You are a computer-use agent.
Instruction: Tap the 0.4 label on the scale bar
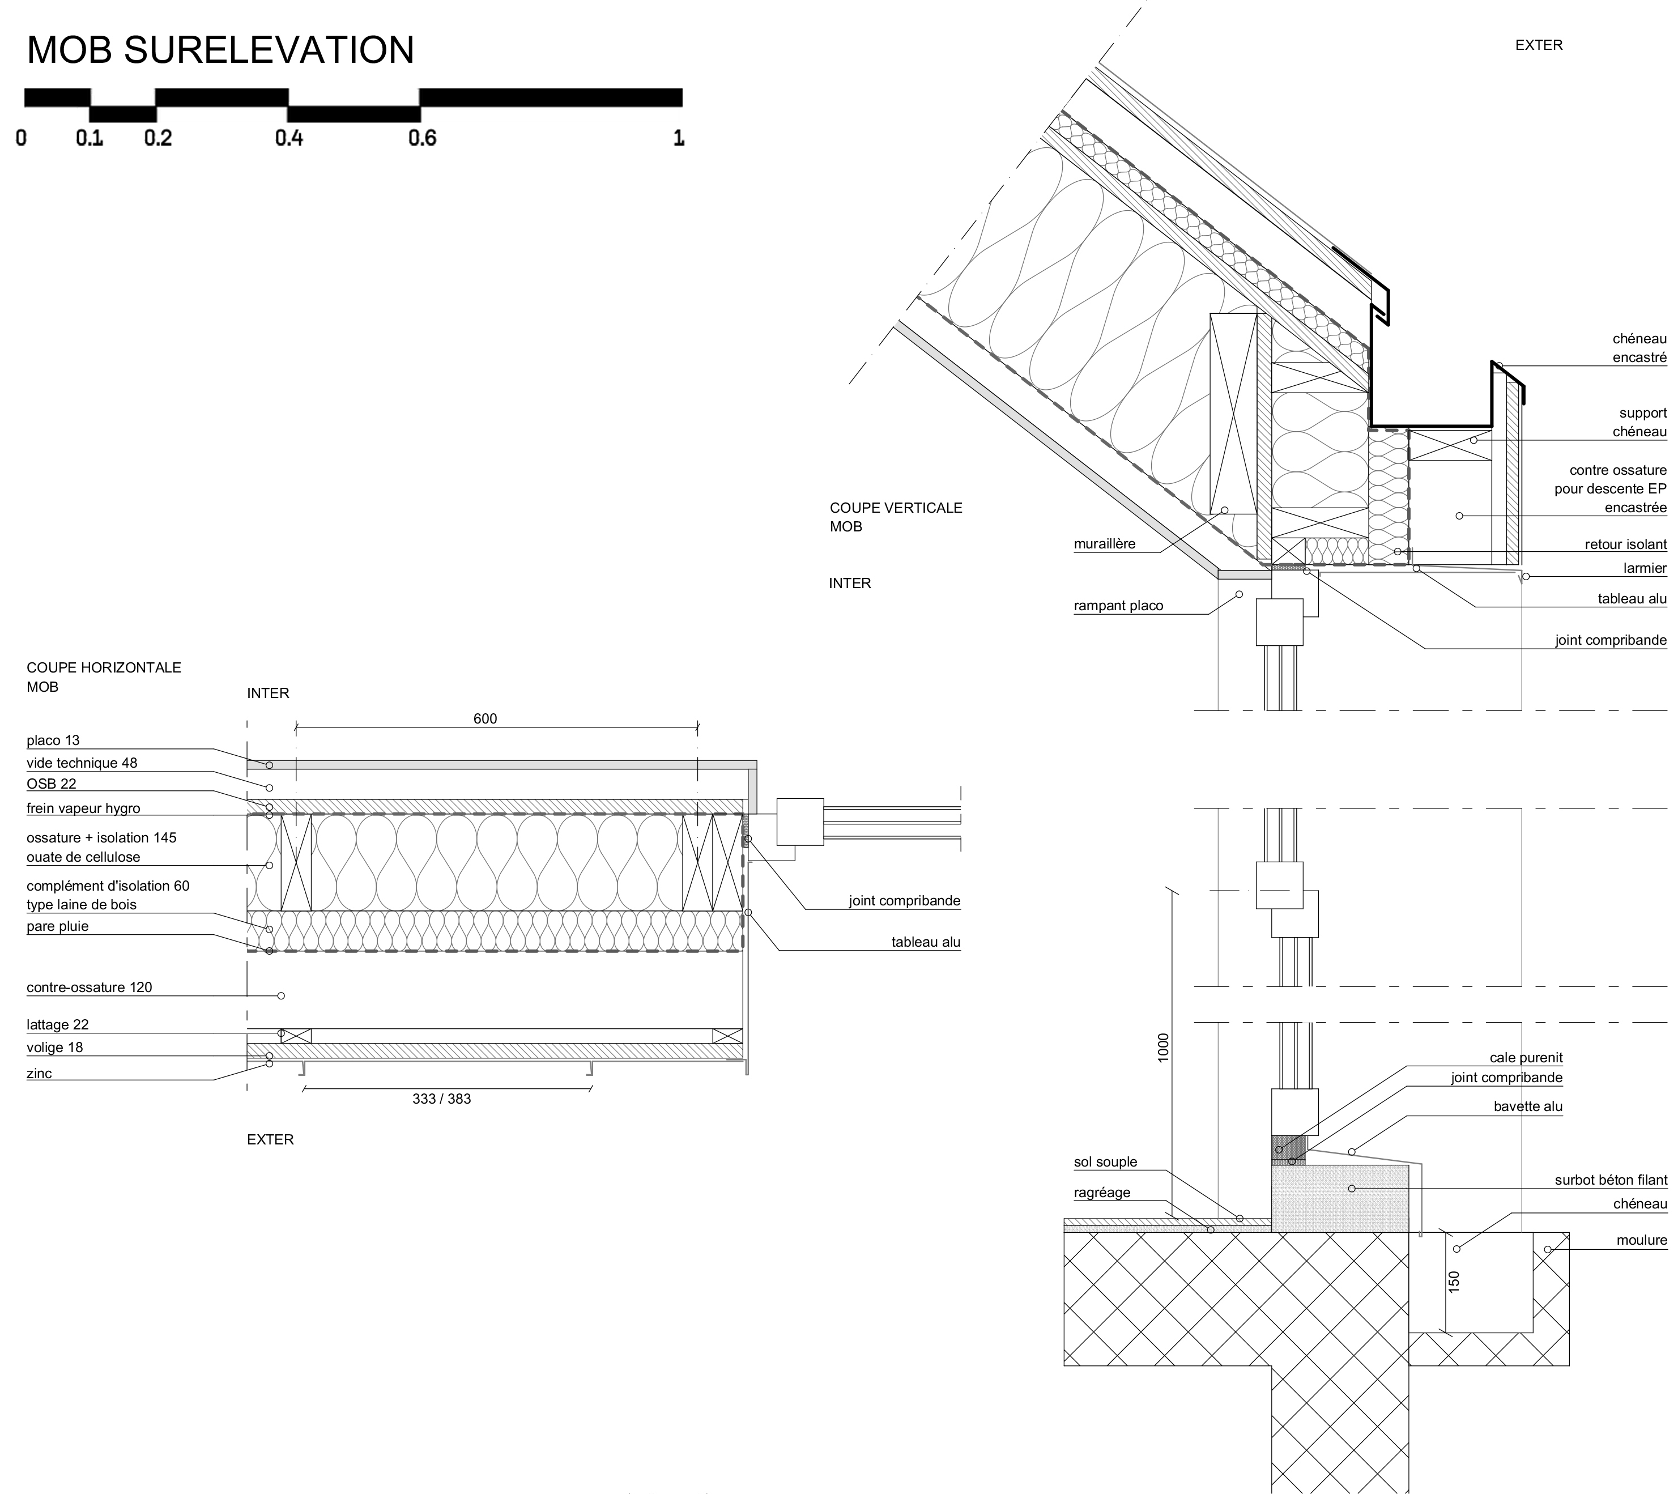[289, 138]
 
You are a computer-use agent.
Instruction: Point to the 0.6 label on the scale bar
[422, 138]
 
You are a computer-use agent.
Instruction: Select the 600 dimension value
[485, 719]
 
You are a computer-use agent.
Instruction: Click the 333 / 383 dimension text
[442, 1099]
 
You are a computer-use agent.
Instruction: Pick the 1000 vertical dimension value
[1163, 1048]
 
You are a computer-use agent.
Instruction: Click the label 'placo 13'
[53, 740]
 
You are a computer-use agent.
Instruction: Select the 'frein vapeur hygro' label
[83, 808]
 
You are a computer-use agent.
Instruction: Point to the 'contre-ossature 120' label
[90, 988]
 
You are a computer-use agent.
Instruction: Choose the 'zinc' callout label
[40, 1074]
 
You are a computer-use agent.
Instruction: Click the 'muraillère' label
[1104, 544]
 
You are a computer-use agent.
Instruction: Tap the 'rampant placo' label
[1118, 606]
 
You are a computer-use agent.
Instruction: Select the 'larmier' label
[1645, 568]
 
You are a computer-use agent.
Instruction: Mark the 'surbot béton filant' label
[1611, 1181]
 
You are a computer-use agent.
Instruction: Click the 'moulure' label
[1641, 1240]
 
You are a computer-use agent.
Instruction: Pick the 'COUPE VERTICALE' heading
[896, 508]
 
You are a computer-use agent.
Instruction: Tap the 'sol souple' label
[1105, 1163]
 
